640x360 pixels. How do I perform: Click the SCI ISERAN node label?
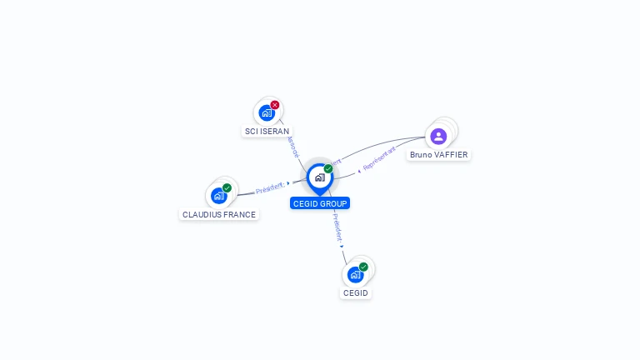(x=267, y=132)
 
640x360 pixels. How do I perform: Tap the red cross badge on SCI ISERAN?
(x=275, y=105)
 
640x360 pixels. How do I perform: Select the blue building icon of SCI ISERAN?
(x=267, y=112)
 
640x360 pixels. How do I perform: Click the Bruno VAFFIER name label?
(x=438, y=155)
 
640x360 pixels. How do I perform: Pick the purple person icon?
(x=438, y=136)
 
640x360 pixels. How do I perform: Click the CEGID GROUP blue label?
(x=320, y=203)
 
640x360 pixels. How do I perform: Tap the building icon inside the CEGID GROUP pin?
(x=319, y=177)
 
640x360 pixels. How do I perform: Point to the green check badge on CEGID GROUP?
(x=328, y=168)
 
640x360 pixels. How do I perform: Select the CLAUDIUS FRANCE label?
(x=219, y=215)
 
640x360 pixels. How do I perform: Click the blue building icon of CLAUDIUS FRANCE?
(x=218, y=196)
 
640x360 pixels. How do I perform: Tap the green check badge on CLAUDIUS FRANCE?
(x=227, y=188)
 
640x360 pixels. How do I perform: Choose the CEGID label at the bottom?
(x=356, y=293)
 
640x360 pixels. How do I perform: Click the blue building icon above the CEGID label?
(x=355, y=274)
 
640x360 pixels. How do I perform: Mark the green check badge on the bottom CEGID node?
(x=363, y=267)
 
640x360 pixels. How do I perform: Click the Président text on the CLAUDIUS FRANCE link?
(x=270, y=188)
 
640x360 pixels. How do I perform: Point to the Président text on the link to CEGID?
(x=336, y=227)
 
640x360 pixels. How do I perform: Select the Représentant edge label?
(x=379, y=160)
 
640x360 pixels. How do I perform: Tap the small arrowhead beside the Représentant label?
(x=359, y=171)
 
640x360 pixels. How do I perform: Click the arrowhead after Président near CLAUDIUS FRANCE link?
(x=287, y=183)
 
